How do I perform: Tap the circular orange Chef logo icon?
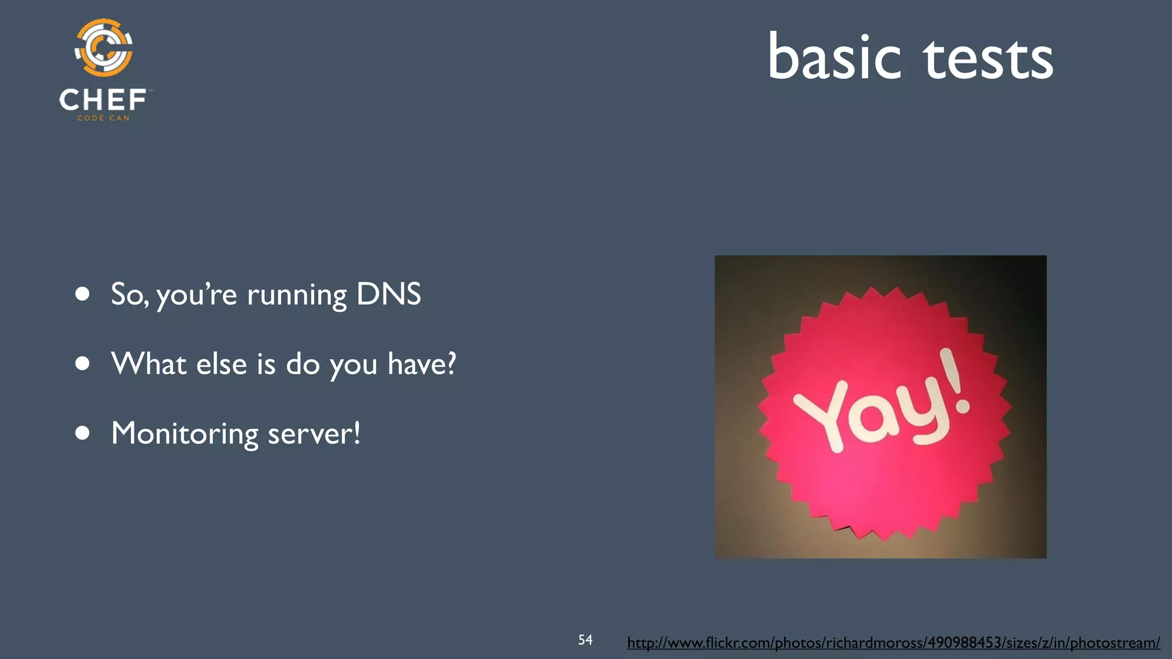(x=104, y=47)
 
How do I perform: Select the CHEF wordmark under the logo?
(x=103, y=100)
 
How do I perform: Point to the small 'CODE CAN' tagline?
(x=104, y=118)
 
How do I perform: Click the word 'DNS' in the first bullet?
(x=389, y=294)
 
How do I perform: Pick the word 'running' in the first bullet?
(x=296, y=296)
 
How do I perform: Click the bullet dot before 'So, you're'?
(x=82, y=294)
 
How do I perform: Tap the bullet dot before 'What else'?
(x=82, y=364)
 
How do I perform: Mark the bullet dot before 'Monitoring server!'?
(x=82, y=433)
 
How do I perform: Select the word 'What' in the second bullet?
(x=149, y=364)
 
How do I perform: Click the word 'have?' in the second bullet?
(x=422, y=364)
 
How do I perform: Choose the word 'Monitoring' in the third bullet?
(x=184, y=434)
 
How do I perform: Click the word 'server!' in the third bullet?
(x=314, y=434)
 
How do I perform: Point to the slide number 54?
(x=585, y=640)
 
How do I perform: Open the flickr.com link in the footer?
(x=893, y=643)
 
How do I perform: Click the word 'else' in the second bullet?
(x=221, y=364)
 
